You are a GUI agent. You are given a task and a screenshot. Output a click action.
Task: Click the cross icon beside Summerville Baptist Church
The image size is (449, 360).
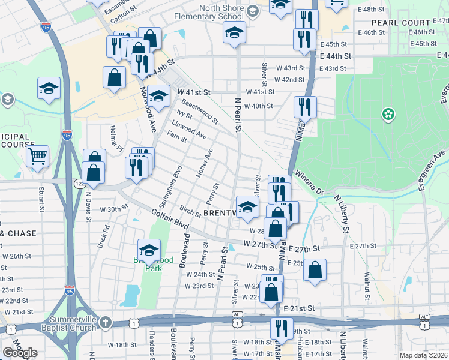pyautogui.click(x=106, y=322)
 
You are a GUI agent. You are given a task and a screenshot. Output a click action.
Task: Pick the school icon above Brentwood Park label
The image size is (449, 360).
pyautogui.click(x=149, y=249)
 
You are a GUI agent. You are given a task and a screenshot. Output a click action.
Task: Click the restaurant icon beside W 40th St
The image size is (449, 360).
pyautogui.click(x=305, y=107)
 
